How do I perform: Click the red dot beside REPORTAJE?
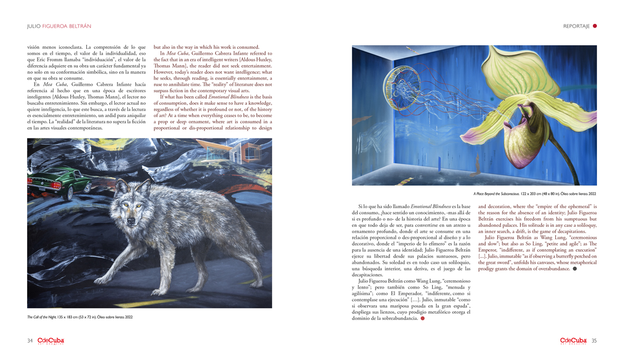coord(595,26)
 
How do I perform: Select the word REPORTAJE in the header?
coord(576,26)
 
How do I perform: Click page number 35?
coord(594,341)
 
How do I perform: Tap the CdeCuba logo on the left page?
coord(50,341)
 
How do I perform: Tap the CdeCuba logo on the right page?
coord(574,341)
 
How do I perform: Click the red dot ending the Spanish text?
coord(422,318)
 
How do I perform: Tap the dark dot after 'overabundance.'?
coord(575,269)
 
